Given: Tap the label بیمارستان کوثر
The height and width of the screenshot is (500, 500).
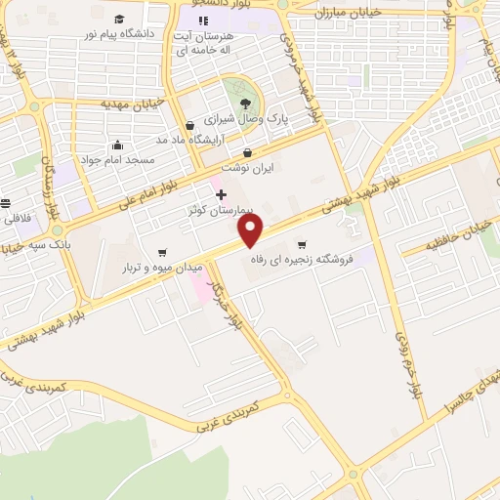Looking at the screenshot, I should pyautogui.click(x=220, y=210).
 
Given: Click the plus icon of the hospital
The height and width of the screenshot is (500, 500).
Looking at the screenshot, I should pyautogui.click(x=221, y=194).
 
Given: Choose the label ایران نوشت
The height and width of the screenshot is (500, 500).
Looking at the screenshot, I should pyautogui.click(x=247, y=168).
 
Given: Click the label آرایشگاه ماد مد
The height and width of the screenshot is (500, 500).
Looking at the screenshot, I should pyautogui.click(x=189, y=140).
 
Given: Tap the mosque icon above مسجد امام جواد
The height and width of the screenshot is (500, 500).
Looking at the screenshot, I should pyautogui.click(x=117, y=145).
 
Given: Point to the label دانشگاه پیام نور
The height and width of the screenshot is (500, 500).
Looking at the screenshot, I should pyautogui.click(x=118, y=34).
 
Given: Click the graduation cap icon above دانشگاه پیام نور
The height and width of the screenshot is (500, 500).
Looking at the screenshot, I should pyautogui.click(x=118, y=20).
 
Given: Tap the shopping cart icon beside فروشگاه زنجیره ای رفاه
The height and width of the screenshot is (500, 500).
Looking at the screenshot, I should pyautogui.click(x=302, y=244).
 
